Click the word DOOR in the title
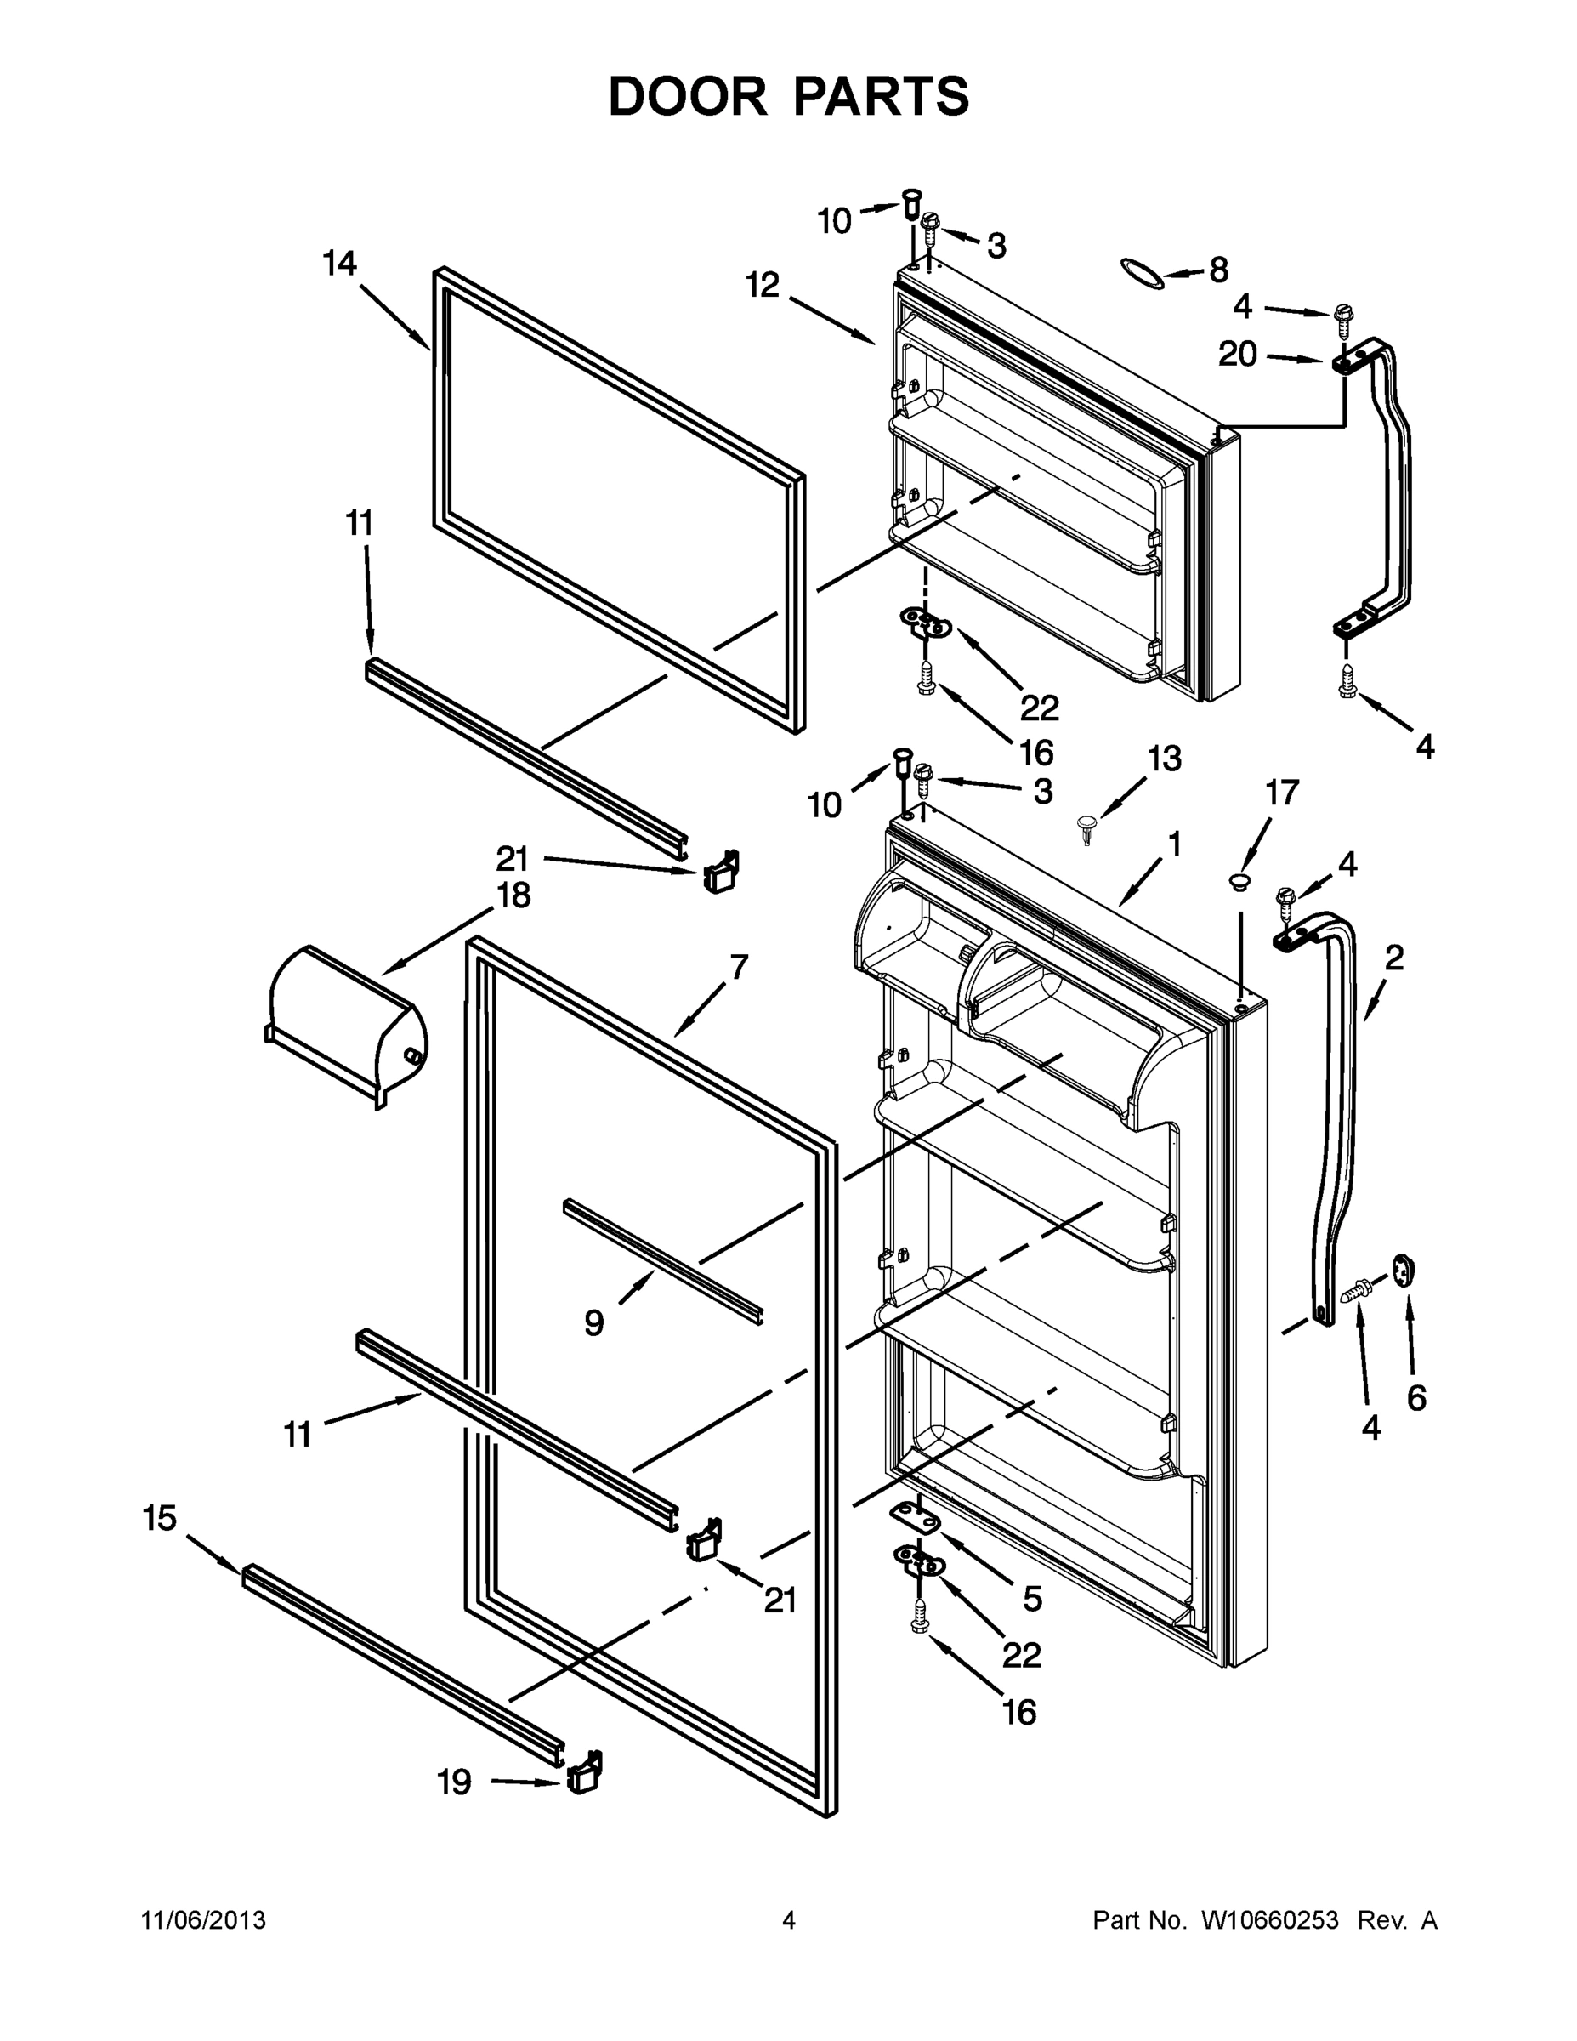[688, 96]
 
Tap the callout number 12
[763, 285]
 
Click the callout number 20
[1238, 354]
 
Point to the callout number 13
[1164, 758]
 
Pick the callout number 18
[513, 895]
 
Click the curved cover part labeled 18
[346, 1025]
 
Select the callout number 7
[738, 967]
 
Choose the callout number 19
[454, 1783]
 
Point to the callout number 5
[1031, 1599]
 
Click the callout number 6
[1416, 1398]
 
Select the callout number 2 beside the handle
[1394, 957]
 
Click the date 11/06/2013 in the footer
[204, 1920]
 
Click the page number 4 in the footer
[789, 1920]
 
